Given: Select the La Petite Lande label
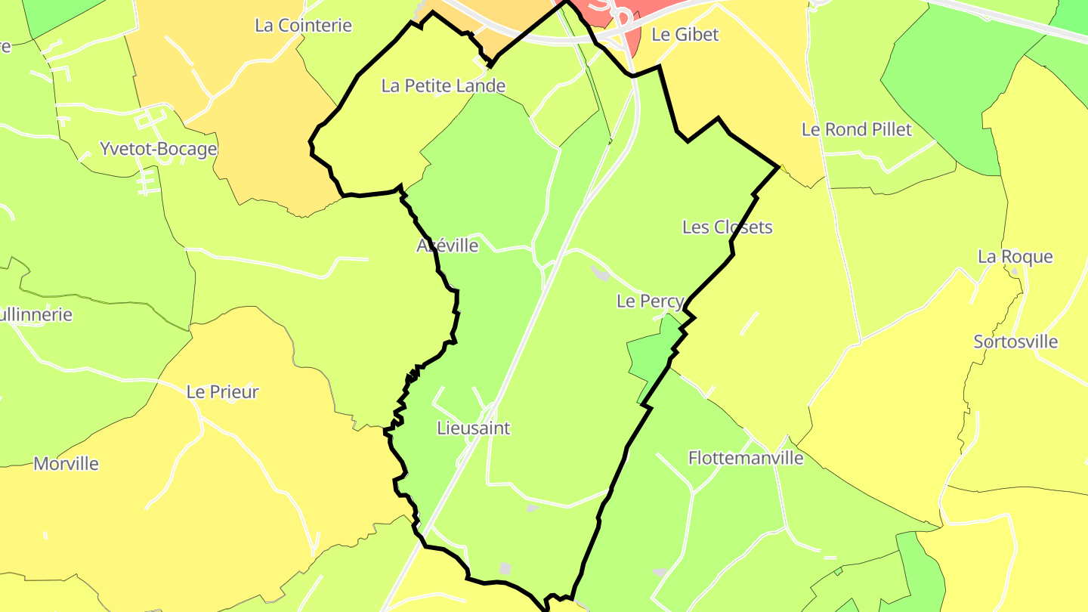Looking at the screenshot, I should pyautogui.click(x=443, y=86).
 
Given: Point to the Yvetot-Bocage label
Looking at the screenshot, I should pyautogui.click(x=158, y=149).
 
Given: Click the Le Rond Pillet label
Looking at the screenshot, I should pyautogui.click(x=856, y=129).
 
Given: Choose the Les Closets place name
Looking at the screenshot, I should pyautogui.click(x=727, y=227).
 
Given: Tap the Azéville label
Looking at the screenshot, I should pyautogui.click(x=447, y=246).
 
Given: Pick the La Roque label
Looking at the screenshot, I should pyautogui.click(x=1015, y=257).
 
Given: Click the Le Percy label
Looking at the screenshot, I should pyautogui.click(x=650, y=301).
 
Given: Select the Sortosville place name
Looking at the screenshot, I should pyautogui.click(x=1015, y=342).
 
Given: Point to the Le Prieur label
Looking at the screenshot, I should pyautogui.click(x=222, y=392).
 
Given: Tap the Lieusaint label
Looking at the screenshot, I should pyautogui.click(x=474, y=428).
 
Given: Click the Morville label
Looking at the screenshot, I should pyautogui.click(x=66, y=463).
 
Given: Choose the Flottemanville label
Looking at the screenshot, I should pyautogui.click(x=745, y=458).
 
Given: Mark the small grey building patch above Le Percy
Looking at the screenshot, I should pyautogui.click(x=601, y=274).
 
